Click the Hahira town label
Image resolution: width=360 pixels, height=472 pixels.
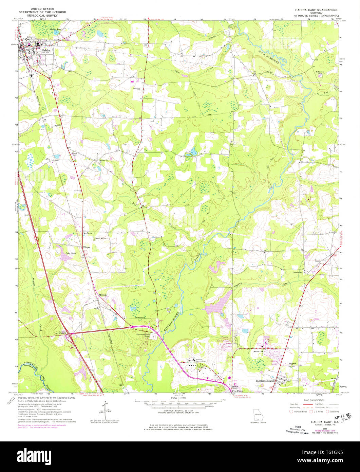(45, 50)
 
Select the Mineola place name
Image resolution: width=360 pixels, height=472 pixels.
(103, 294)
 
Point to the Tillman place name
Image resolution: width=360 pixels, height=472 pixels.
(87, 247)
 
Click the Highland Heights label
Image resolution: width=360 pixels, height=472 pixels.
(265, 381)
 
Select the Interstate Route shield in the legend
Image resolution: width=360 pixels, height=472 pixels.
(290, 412)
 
